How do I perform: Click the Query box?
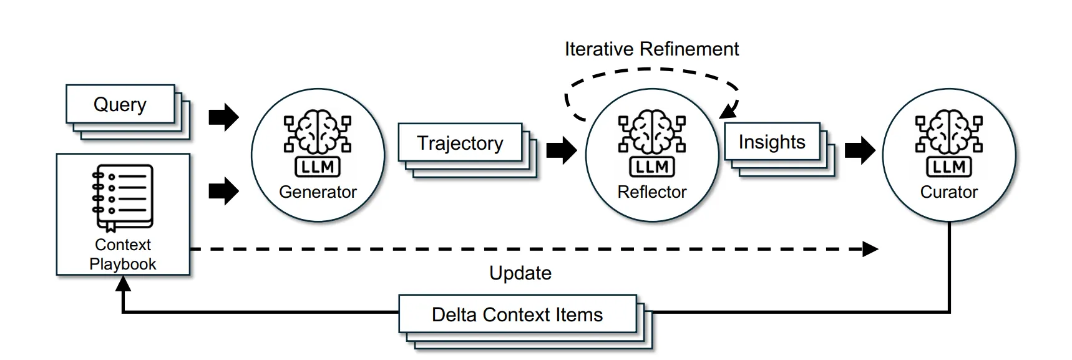point(120,104)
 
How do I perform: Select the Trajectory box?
point(460,143)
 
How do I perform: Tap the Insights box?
point(772,142)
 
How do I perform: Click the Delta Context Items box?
point(517,314)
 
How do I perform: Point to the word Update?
point(520,273)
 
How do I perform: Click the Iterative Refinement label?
point(651,49)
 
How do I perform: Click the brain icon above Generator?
point(318,134)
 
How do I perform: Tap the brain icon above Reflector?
point(652,134)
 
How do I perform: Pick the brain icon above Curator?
point(949,134)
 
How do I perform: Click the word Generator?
point(318,192)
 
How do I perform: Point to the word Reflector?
point(652,192)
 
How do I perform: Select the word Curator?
point(949,192)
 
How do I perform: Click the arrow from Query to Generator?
point(224,117)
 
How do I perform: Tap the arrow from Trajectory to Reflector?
point(562,150)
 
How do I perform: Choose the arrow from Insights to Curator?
point(860,150)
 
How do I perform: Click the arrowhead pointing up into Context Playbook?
point(124,284)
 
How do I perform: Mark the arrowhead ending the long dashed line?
point(870,249)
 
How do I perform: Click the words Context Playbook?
point(123,254)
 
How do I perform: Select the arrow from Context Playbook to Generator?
point(224,191)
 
